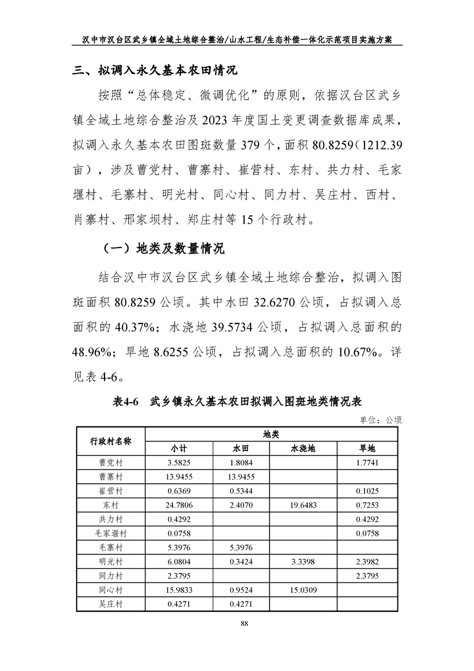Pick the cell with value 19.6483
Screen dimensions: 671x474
click(302, 505)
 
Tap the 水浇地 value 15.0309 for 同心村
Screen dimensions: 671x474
click(302, 590)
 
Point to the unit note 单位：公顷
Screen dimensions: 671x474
click(381, 420)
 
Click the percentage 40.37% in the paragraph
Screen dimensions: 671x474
click(136, 327)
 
